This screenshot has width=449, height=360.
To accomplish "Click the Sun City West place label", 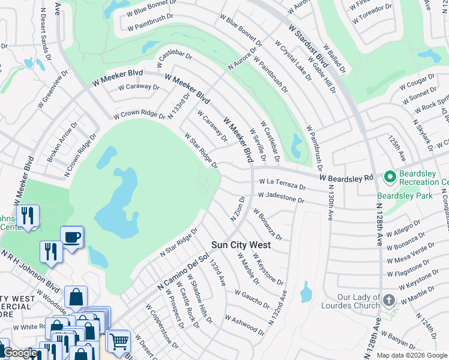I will pyautogui.click(x=241, y=245).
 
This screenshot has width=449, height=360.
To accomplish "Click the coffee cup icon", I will pyautogui.click(x=72, y=236).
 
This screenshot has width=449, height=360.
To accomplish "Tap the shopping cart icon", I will pyautogui.click(x=119, y=341).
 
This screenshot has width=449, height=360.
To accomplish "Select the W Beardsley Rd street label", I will pyautogui.click(x=346, y=178).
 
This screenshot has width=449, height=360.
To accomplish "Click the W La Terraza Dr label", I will pyautogui.click(x=282, y=184).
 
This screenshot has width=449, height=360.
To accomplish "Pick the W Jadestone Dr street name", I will pyautogui.click(x=280, y=197).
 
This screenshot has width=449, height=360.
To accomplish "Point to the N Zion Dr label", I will pyautogui.click(x=238, y=208).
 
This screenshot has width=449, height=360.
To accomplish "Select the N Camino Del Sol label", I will pyautogui.click(x=182, y=271).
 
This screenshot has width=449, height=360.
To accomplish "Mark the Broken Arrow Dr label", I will pyautogui.click(x=62, y=143).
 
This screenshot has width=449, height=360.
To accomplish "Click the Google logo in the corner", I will pyautogui.click(x=20, y=353).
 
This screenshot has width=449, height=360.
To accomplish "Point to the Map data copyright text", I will pyautogui.click(x=411, y=355).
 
